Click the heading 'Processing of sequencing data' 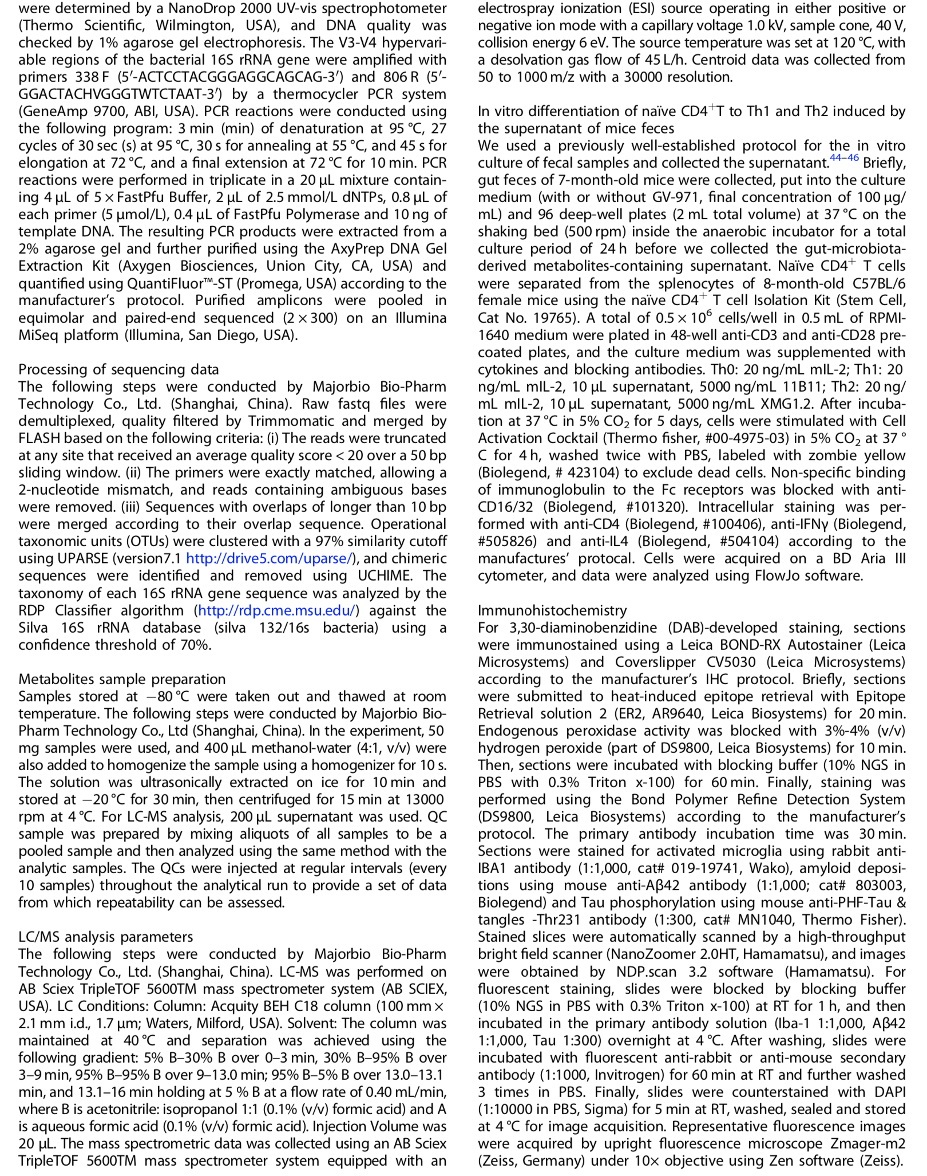point(118,369)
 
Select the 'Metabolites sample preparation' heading point(122,679)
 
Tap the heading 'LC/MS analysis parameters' point(106,937)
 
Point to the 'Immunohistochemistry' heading point(552,610)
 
